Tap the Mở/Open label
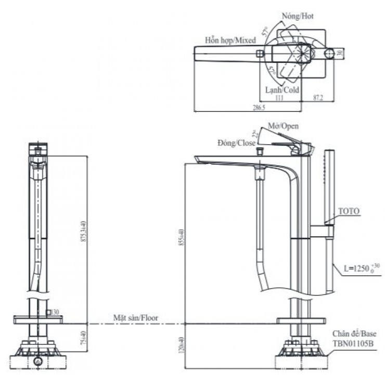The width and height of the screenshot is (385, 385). [283, 126]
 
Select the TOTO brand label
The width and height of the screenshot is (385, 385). [349, 211]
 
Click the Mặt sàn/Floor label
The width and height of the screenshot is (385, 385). [136, 317]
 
